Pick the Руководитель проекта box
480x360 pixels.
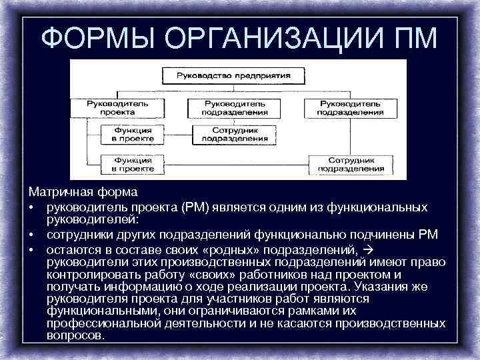[x=117, y=108]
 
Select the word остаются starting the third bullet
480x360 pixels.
[x=72, y=249]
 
